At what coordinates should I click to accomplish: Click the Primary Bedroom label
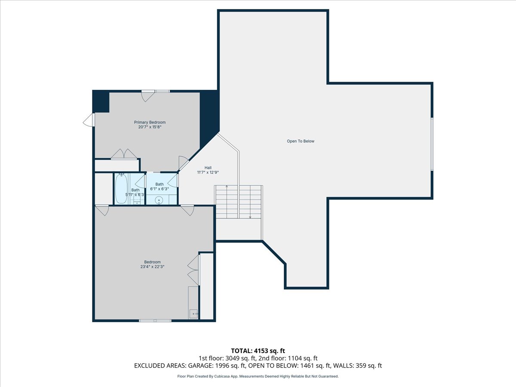[150, 122]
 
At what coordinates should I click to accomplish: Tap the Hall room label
[208, 168]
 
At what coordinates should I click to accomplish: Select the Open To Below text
[301, 141]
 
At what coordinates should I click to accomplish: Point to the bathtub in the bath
[121, 188]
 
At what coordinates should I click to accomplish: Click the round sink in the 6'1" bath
[159, 200]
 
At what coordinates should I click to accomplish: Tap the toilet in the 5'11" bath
[137, 202]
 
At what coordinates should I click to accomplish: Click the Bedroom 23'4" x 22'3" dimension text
[152, 267]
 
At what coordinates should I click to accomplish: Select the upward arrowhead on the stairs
[227, 187]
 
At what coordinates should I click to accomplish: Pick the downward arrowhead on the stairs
[250, 217]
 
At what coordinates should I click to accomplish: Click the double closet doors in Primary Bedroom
[124, 154]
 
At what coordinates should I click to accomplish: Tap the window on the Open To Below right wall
[432, 144]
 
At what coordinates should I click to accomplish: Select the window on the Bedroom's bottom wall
[155, 320]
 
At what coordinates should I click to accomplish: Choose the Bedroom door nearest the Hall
[187, 210]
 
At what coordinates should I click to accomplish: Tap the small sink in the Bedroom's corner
[193, 314]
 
